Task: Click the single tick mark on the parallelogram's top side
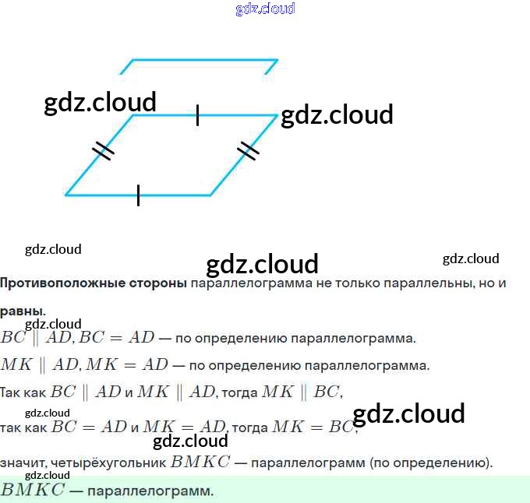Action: (197, 115)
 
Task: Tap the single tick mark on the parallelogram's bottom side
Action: (138, 195)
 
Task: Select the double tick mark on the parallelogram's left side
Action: (103, 150)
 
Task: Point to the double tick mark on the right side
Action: (247, 149)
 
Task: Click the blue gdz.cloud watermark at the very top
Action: (265, 9)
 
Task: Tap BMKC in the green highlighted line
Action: (33, 491)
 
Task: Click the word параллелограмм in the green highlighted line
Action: (150, 491)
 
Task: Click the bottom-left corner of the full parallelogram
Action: (66, 195)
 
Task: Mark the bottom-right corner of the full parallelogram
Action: (210, 195)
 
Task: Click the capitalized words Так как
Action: (24, 392)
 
